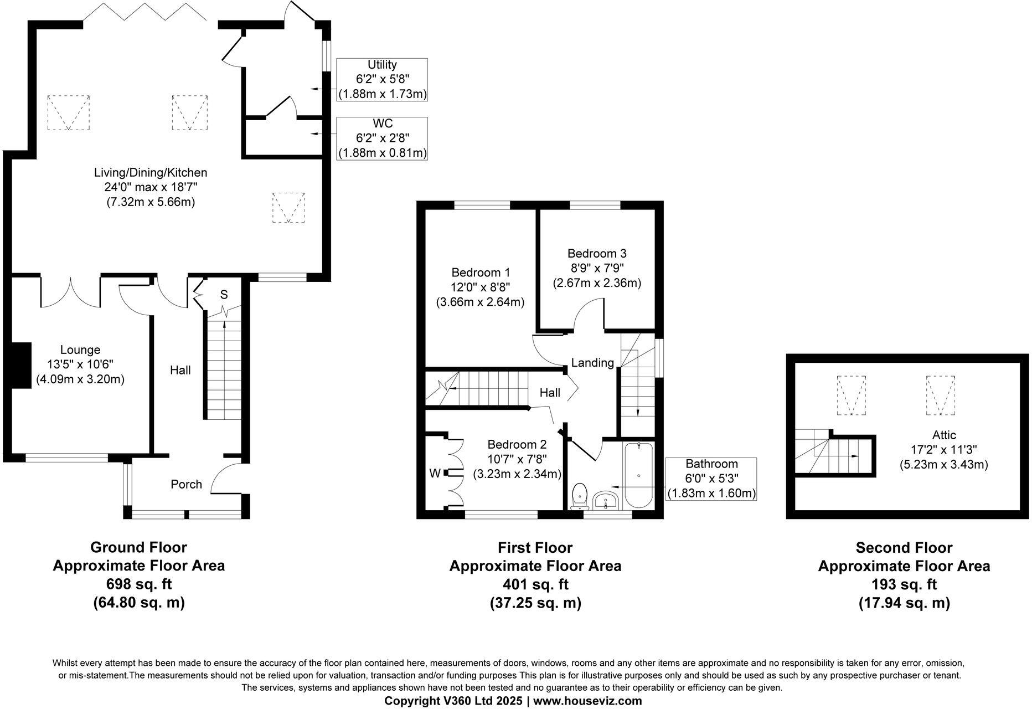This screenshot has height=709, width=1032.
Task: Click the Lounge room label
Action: point(80,350)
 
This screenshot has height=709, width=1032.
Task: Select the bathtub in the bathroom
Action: point(639,475)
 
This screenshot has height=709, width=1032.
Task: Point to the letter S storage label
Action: point(224,295)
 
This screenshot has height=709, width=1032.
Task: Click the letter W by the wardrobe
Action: point(435,474)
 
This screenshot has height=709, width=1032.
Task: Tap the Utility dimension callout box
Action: point(382,79)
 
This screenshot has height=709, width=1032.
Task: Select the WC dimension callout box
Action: point(382,138)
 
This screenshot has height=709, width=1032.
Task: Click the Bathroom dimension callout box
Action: point(711,479)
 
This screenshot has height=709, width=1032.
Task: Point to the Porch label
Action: point(186,484)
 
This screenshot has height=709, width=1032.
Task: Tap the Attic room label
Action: point(943,435)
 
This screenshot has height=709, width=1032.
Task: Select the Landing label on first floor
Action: point(592,363)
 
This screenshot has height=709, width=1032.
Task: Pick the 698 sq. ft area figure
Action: point(138,584)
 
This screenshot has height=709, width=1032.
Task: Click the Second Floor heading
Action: point(904,548)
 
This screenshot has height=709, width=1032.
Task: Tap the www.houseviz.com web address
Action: point(587,701)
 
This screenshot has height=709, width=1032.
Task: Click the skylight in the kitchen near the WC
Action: point(288,207)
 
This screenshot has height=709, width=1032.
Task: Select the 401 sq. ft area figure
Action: point(535,584)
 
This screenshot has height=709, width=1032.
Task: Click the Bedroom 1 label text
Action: point(481,273)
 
